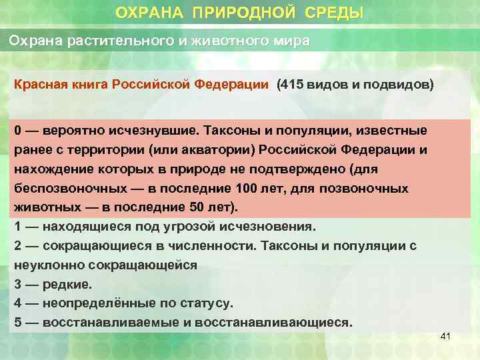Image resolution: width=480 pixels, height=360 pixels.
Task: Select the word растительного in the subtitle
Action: [116, 41]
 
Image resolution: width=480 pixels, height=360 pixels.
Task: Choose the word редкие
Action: [67, 284]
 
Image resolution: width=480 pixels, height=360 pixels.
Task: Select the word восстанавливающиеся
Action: [279, 323]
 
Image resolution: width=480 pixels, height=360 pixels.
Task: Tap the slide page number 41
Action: [446, 337]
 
